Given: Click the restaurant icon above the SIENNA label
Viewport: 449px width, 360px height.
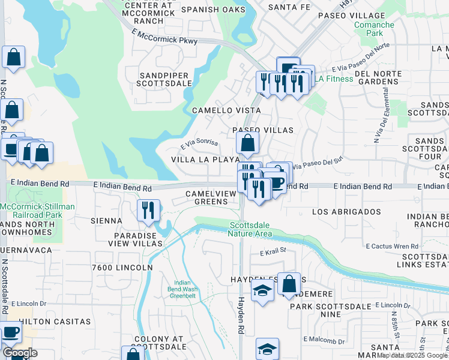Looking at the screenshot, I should [148, 210].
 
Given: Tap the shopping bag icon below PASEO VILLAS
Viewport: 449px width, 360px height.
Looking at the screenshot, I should [247, 143].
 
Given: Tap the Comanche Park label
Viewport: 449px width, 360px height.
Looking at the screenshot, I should [374, 29].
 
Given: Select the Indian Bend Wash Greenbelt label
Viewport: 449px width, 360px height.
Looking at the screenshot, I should [182, 289].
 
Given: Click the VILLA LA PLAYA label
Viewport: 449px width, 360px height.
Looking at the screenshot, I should [205, 160].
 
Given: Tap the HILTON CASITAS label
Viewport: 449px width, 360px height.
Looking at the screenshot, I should [51, 322].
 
